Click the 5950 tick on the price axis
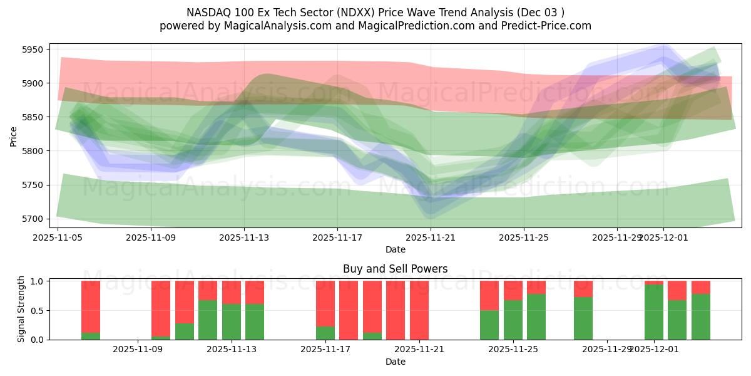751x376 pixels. click(31, 50)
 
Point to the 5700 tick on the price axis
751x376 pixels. click(31, 219)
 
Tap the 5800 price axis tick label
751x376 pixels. click(31, 151)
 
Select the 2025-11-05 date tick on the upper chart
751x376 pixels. click(58, 238)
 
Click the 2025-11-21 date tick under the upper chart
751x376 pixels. click(431, 238)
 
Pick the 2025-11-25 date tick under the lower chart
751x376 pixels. click(513, 350)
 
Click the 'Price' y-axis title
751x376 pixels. click(13, 136)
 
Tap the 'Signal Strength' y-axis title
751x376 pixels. click(21, 310)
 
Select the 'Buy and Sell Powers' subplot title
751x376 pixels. click(395, 269)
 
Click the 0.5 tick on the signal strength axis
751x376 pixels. click(36, 310)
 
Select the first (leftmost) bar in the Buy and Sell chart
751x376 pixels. click(91, 310)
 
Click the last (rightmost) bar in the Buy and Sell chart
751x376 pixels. click(701, 310)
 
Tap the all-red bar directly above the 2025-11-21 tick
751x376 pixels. click(419, 310)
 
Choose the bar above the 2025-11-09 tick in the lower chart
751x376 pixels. click(161, 310)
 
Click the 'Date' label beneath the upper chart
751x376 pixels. click(395, 249)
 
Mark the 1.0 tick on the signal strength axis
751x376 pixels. click(36, 281)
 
